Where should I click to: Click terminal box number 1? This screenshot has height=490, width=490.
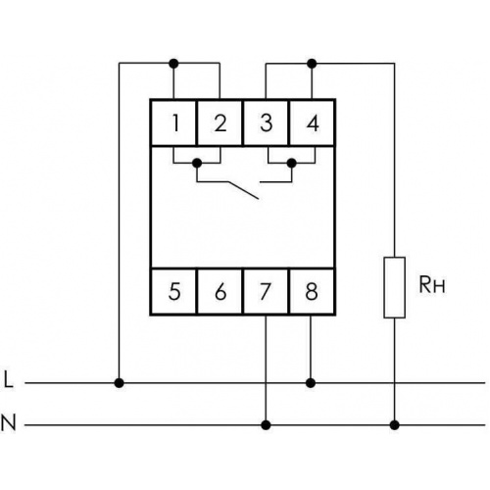pyautogui.click(x=173, y=122)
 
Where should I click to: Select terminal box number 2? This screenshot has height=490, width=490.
pyautogui.click(x=220, y=122)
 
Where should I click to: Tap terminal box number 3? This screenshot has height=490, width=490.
pyautogui.click(x=266, y=122)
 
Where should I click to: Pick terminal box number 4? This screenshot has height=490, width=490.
pyautogui.click(x=312, y=122)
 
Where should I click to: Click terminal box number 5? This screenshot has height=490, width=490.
pyautogui.click(x=173, y=291)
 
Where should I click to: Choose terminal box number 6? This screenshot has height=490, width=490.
pyautogui.click(x=220, y=291)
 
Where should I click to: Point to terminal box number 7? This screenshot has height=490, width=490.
pyautogui.click(x=266, y=291)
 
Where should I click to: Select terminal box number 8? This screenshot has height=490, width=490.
pyautogui.click(x=312, y=291)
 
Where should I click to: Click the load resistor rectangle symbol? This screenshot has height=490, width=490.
pyautogui.click(x=395, y=287)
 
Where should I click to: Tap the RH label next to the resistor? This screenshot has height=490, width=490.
pyautogui.click(x=432, y=285)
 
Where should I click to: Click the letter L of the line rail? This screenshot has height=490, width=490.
pyautogui.click(x=9, y=379)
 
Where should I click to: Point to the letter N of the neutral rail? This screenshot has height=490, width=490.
pyautogui.click(x=9, y=422)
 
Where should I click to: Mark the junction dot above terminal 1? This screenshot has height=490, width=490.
pyautogui.click(x=174, y=63)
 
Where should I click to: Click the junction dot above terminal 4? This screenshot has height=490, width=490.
pyautogui.click(x=312, y=63)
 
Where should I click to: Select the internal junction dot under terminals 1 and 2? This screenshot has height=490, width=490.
pyautogui.click(x=197, y=163)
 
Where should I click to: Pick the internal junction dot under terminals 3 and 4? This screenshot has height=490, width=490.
pyautogui.click(x=291, y=163)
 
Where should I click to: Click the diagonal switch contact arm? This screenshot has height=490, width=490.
pyautogui.click(x=244, y=190)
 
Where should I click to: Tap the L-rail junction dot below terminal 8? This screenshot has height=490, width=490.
pyautogui.click(x=311, y=382)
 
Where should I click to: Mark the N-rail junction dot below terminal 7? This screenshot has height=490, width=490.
pyautogui.click(x=267, y=425)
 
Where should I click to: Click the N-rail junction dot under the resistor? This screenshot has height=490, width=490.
pyautogui.click(x=395, y=425)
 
